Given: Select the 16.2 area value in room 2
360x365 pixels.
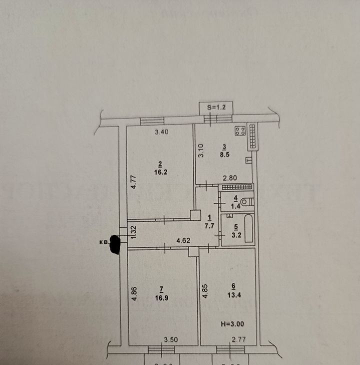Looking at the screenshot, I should coord(160,170).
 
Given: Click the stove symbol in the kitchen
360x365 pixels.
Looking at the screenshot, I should coord(240,131).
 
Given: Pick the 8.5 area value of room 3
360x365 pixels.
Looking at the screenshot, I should coord(225,154).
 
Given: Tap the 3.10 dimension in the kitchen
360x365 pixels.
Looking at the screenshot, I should coord(200,151).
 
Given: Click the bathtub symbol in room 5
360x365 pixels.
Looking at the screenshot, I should coord(248,229).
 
